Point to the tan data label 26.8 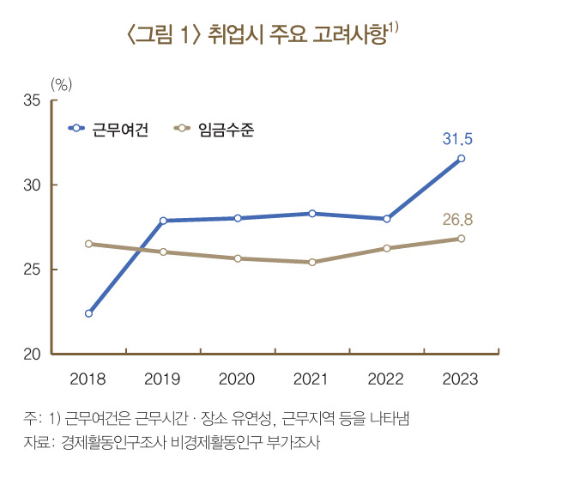click(x=458, y=220)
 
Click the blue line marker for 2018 click(x=88, y=313)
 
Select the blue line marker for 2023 click(x=461, y=158)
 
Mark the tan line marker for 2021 click(x=312, y=262)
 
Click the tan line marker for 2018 click(x=88, y=244)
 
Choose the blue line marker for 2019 click(x=163, y=221)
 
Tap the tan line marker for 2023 click(x=461, y=238)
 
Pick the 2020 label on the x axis click(x=237, y=379)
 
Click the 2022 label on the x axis click(x=386, y=379)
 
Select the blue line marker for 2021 click(x=312, y=213)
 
